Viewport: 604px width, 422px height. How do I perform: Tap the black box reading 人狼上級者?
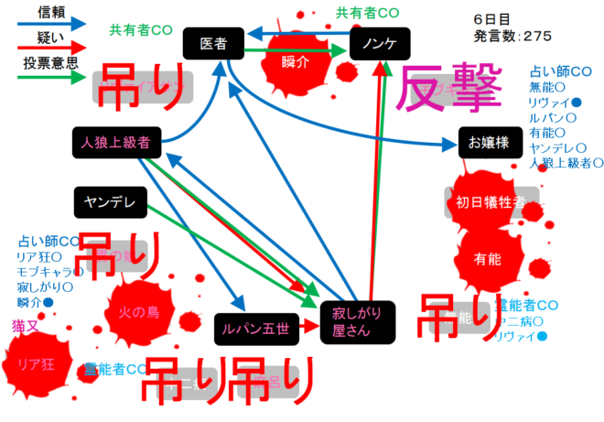click(115, 142)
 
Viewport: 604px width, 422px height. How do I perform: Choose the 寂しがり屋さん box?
click(357, 321)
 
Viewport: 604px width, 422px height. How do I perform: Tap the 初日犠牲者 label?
click(491, 202)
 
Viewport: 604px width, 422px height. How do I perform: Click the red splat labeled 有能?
click(488, 259)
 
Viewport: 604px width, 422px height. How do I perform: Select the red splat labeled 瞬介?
click(295, 61)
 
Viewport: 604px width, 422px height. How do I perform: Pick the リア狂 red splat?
click(38, 363)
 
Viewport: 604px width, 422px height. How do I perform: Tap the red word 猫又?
click(25, 325)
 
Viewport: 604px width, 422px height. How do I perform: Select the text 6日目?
click(492, 19)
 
